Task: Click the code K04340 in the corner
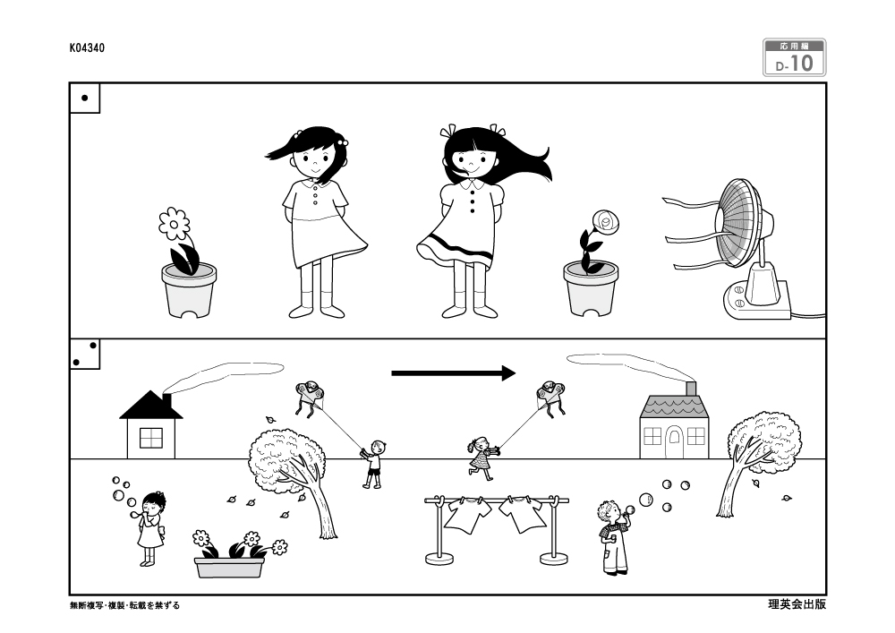click(87, 48)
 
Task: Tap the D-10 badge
click(794, 57)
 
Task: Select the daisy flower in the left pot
click(175, 224)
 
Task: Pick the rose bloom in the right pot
click(606, 222)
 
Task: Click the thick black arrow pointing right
click(453, 373)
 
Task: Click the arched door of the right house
click(674, 444)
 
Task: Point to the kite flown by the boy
click(310, 397)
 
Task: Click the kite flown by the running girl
click(551, 398)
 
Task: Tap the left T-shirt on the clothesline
click(467, 514)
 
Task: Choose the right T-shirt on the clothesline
click(523, 514)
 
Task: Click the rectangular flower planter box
click(229, 568)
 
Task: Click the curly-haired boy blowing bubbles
click(614, 536)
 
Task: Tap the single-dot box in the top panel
click(85, 98)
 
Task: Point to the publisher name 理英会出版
click(797, 604)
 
